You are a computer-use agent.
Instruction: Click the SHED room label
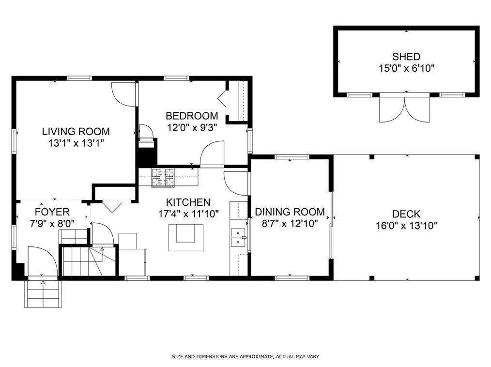click(x=406, y=57)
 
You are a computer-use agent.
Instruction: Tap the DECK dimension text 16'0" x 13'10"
click(x=406, y=226)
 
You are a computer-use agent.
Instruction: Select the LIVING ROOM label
click(x=76, y=131)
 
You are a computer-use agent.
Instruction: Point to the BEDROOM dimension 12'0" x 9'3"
click(x=192, y=128)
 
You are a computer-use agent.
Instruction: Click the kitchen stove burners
click(x=163, y=178)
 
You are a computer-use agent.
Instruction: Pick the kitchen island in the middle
click(x=186, y=237)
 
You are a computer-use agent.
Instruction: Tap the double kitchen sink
click(x=238, y=238)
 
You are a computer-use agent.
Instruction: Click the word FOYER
click(x=52, y=212)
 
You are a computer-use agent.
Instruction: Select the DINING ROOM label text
click(x=290, y=212)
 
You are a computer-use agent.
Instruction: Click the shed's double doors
click(x=405, y=108)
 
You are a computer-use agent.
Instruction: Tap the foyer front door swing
click(x=43, y=261)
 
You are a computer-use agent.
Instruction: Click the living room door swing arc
click(x=124, y=94)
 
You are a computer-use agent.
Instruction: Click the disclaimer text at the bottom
click(x=245, y=356)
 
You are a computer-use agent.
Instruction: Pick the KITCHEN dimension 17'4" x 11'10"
click(x=188, y=214)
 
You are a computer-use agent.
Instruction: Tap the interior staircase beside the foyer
click(x=89, y=261)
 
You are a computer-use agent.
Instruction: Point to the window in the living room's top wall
click(x=79, y=78)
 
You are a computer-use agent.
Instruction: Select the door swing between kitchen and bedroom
click(x=212, y=154)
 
